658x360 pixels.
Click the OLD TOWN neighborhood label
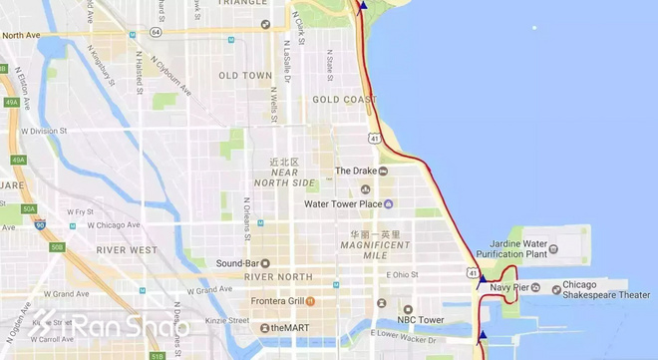pos(245,75)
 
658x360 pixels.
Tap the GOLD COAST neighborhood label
pos(343,100)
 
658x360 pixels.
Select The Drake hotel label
pos(356,171)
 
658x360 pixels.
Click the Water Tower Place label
pos(343,204)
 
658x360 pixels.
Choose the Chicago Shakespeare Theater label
pos(606,289)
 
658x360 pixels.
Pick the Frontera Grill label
pos(277,300)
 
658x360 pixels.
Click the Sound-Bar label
pos(237,263)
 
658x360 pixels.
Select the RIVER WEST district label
pos(128,249)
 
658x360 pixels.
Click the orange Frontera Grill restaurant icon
pos(311,300)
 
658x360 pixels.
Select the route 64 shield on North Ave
pos(157,32)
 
